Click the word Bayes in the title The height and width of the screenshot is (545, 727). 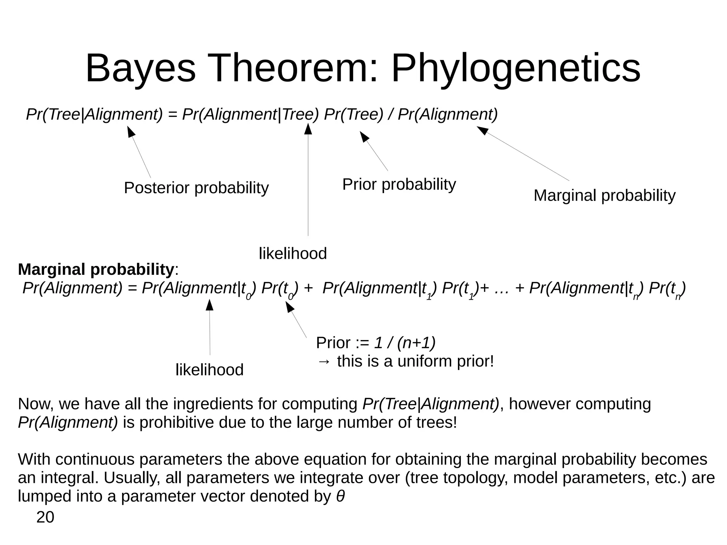[140, 68]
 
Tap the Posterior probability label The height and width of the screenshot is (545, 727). [196, 188]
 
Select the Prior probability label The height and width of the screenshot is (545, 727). [399, 185]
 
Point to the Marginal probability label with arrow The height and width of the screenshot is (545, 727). [604, 196]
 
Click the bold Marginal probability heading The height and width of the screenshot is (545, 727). [96, 269]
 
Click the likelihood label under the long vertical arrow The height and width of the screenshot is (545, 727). [293, 254]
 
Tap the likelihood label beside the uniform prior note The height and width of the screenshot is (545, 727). [209, 370]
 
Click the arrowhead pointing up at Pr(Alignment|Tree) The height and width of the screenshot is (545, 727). [308, 129]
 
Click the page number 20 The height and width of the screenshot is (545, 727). [45, 517]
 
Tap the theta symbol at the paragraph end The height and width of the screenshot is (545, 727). [340, 496]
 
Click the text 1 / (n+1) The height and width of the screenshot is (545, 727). [405, 343]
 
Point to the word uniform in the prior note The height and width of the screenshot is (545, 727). [425, 361]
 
